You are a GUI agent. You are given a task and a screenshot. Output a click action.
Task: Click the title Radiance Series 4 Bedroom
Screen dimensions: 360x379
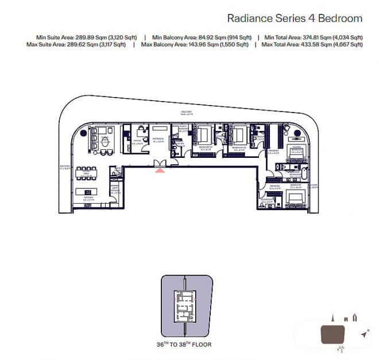point(295,18)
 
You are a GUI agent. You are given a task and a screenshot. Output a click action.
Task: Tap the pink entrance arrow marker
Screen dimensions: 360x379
point(160,169)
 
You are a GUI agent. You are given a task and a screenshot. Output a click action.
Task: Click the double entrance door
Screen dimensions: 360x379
point(160,164)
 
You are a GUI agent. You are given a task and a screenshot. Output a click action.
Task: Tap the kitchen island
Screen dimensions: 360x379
point(88,192)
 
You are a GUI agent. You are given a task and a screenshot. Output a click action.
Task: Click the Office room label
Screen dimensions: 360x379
point(137,140)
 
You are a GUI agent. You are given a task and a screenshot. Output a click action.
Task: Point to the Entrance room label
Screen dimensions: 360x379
point(158,140)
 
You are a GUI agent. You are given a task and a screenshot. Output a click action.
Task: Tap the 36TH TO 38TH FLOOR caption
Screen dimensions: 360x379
point(184,344)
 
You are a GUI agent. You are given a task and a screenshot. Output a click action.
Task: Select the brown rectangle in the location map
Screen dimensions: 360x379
point(332,335)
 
